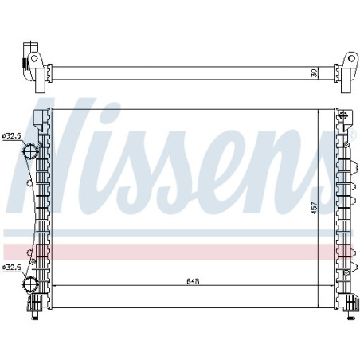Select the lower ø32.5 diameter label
tap(12, 268)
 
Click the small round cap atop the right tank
tap(343, 116)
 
